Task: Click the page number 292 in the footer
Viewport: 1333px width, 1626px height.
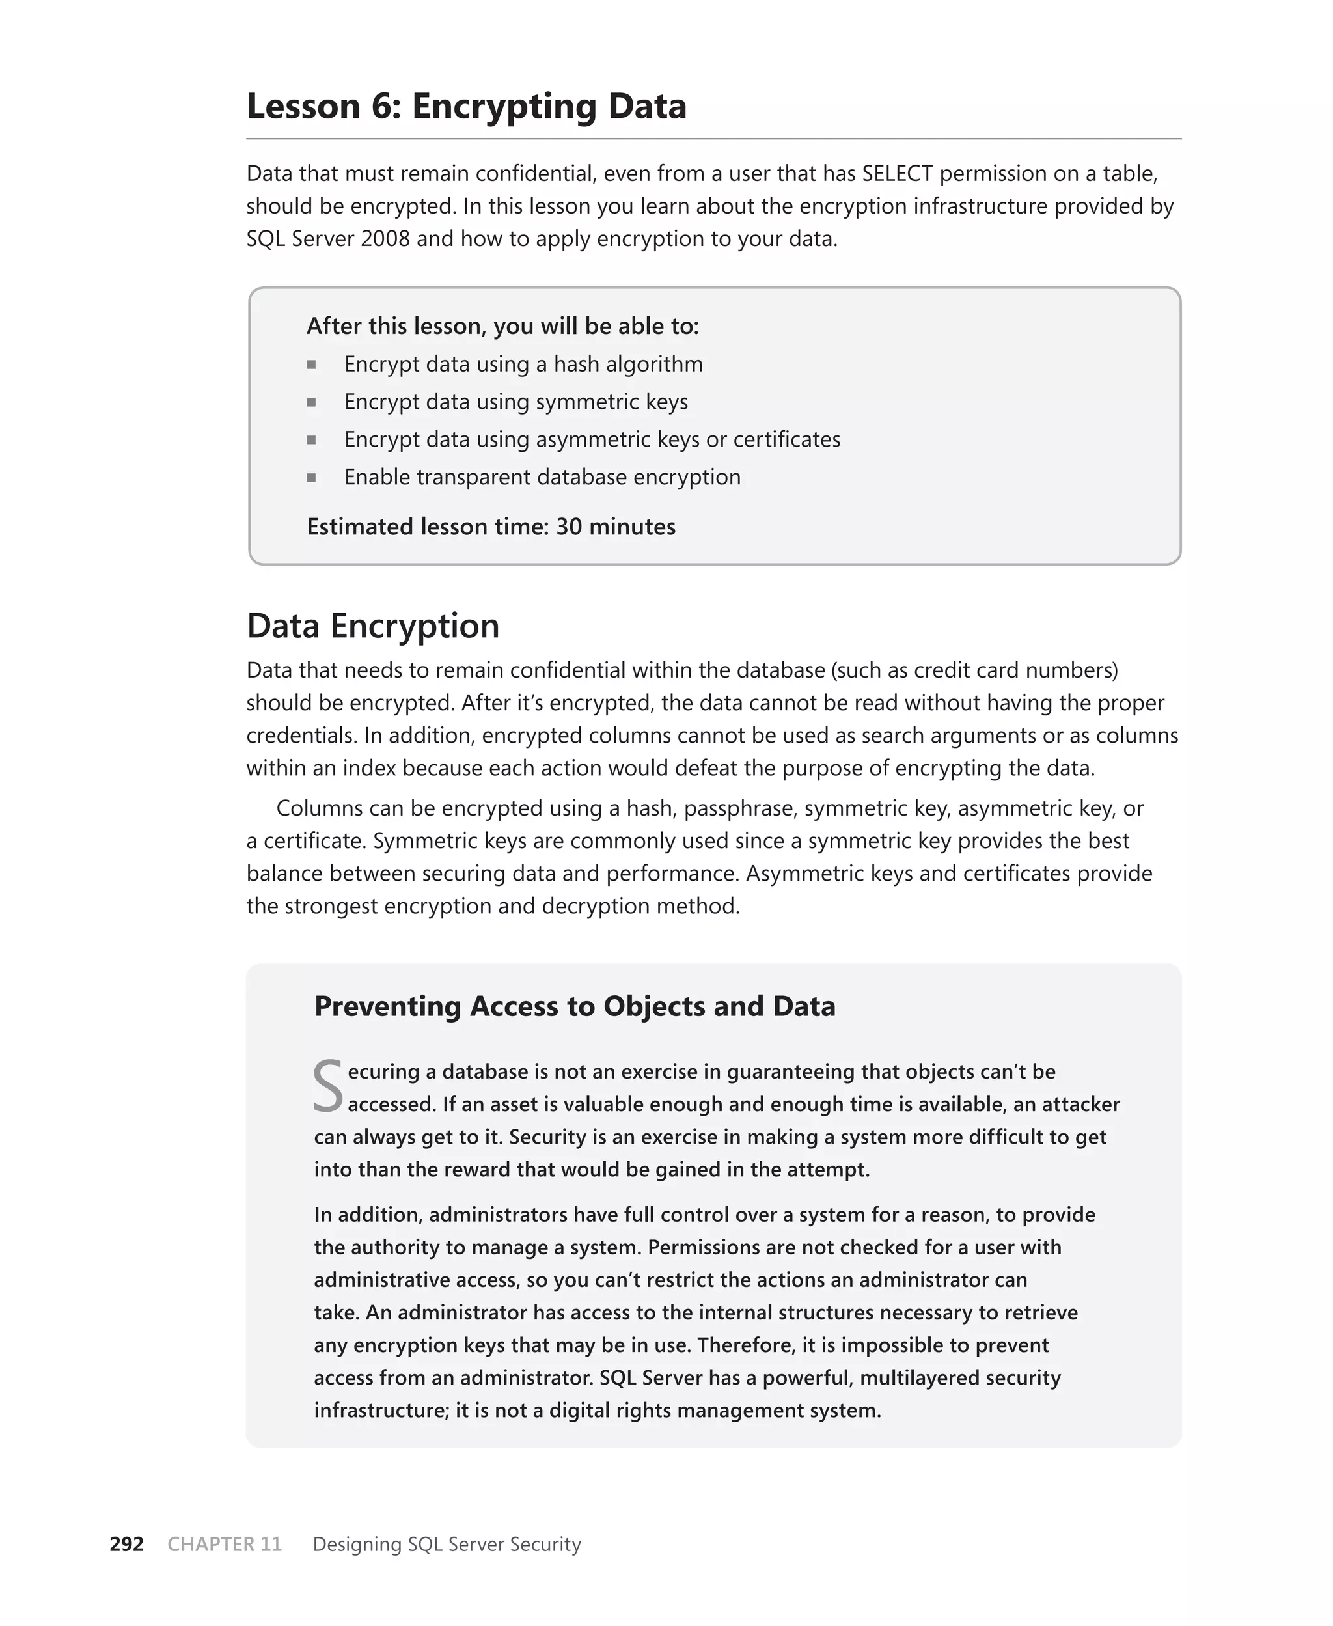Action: [127, 1544]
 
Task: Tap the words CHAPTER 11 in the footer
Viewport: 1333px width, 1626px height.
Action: [224, 1544]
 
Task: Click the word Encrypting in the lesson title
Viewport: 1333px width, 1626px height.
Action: [504, 106]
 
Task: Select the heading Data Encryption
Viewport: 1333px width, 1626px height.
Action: [372, 626]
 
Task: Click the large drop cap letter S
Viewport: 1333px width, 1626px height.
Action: [328, 1086]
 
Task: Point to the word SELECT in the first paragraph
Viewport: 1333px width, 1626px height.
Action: [897, 174]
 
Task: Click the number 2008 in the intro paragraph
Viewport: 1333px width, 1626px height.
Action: [385, 239]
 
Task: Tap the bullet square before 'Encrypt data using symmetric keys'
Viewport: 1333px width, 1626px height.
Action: [311, 402]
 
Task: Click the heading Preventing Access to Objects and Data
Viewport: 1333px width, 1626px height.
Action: [574, 1006]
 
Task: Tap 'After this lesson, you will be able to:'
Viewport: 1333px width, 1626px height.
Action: [502, 326]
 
